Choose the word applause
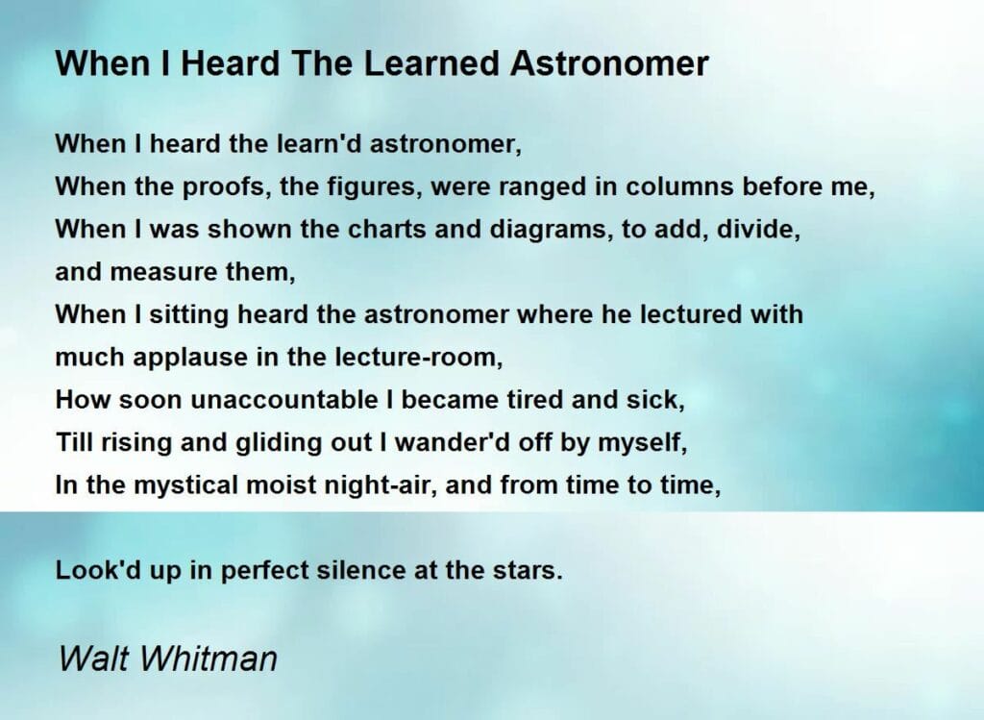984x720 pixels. (x=182, y=358)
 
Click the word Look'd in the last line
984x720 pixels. (x=97, y=570)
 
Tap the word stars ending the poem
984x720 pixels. (x=529, y=570)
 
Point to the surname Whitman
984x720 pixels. (x=211, y=659)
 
